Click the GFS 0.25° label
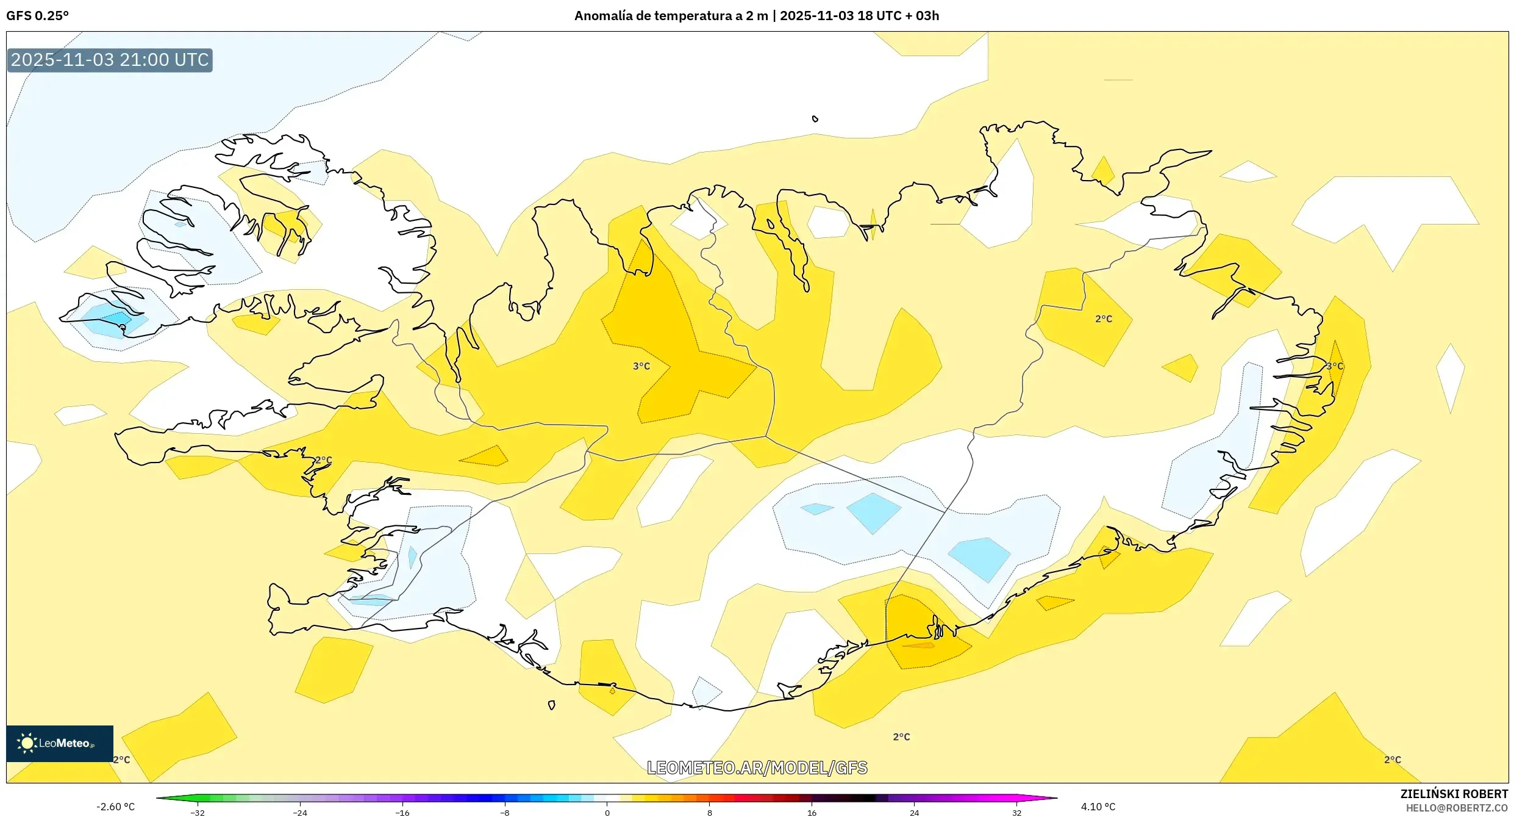point(37,16)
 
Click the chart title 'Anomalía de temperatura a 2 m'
point(671,16)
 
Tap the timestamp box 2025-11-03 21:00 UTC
point(110,60)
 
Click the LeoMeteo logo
point(59,743)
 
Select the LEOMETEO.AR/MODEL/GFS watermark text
point(757,768)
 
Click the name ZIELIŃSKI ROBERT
point(1454,794)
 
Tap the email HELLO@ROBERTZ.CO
point(1457,808)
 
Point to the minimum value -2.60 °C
point(115,807)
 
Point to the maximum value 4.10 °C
point(1098,807)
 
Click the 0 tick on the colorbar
point(607,812)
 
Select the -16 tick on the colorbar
point(402,812)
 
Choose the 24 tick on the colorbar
point(914,812)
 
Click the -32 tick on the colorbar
point(198,812)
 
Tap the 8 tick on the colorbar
point(709,812)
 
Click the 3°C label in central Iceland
point(641,366)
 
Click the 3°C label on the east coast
point(1334,366)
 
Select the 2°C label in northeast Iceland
point(1103,319)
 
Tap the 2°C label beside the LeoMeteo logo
point(121,760)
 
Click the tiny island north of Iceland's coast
point(815,119)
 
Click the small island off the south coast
point(551,705)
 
